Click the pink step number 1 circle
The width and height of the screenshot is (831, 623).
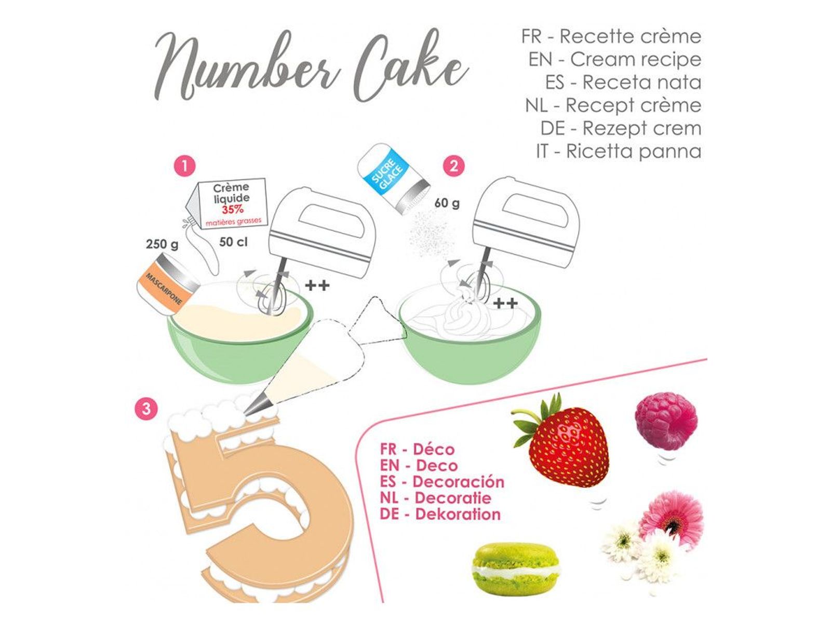(184, 166)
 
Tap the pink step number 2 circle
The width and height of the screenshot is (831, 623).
(453, 166)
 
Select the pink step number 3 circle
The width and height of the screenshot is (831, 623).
(146, 409)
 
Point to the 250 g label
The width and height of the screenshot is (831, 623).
(162, 244)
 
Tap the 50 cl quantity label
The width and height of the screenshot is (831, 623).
(234, 242)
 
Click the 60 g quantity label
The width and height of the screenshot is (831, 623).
(447, 203)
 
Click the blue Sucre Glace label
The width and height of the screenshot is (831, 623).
(387, 171)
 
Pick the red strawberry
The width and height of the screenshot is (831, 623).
(561, 441)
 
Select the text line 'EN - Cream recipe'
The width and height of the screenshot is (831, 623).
(615, 59)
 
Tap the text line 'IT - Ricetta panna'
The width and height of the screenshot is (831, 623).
(619, 152)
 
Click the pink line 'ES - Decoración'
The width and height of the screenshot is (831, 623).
(442, 482)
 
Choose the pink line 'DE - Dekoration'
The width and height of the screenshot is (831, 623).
(440, 514)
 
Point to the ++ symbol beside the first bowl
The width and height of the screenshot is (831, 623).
(317, 285)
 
